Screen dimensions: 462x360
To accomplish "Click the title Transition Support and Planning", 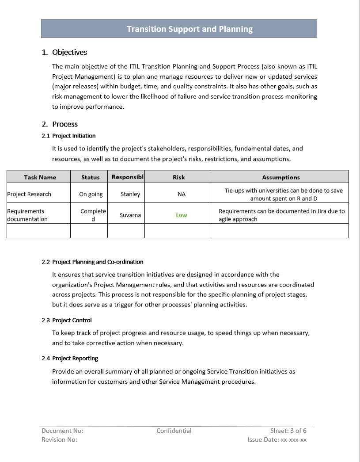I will (189, 29).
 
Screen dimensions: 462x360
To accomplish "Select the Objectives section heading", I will (69, 52).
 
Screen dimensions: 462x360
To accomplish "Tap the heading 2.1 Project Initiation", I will (73, 136).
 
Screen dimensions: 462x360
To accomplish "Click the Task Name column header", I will (40, 177).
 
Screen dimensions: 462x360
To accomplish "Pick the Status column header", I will (91, 177).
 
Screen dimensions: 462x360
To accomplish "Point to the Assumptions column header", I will (281, 177).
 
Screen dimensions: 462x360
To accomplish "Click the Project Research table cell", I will (29, 194).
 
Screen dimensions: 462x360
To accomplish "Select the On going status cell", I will (91, 194).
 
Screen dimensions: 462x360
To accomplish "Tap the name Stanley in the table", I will (130, 194).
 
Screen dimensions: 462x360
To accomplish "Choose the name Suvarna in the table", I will (130, 215).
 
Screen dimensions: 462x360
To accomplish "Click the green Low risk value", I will (182, 215).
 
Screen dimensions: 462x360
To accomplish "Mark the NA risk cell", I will (182, 194).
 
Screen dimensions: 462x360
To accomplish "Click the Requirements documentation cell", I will (27, 215).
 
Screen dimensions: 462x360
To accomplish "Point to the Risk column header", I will (179, 177).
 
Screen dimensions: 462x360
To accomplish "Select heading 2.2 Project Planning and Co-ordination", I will (98, 262).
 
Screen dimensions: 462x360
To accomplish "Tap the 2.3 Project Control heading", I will (72, 320).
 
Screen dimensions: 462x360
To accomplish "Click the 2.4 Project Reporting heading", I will (75, 358).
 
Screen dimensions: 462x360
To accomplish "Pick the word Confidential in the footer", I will (174, 431).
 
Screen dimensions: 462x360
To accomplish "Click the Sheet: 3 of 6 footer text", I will (288, 431).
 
